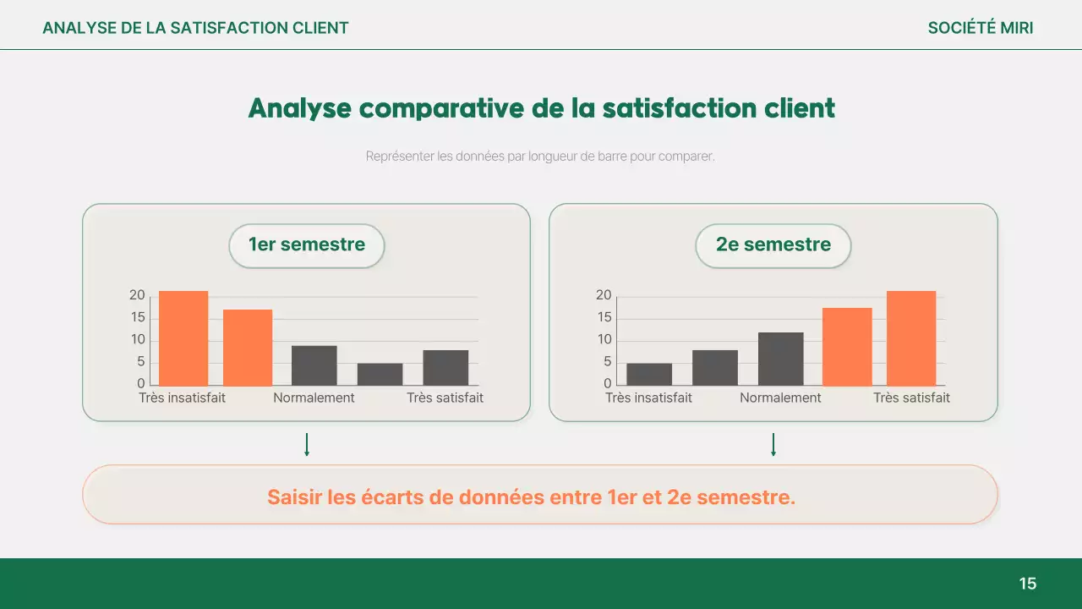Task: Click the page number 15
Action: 1027,584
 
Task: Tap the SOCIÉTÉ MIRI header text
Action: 980,28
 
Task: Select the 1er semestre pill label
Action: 307,245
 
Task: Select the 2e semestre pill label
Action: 773,245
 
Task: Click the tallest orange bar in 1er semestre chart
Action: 183,338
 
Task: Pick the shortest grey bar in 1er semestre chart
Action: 380,374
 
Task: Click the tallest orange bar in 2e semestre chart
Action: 910,338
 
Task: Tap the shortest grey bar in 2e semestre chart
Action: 649,374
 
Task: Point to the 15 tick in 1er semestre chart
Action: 138,318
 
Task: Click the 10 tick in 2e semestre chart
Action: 604,340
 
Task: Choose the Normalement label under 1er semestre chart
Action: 314,398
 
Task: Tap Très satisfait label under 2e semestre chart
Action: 911,398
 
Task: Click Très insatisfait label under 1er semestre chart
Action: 182,398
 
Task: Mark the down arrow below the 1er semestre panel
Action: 307,445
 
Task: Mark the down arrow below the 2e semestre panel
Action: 773,445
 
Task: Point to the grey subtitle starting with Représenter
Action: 540,156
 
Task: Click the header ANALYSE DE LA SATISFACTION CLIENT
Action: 195,28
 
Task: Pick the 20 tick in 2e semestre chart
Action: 604,295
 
